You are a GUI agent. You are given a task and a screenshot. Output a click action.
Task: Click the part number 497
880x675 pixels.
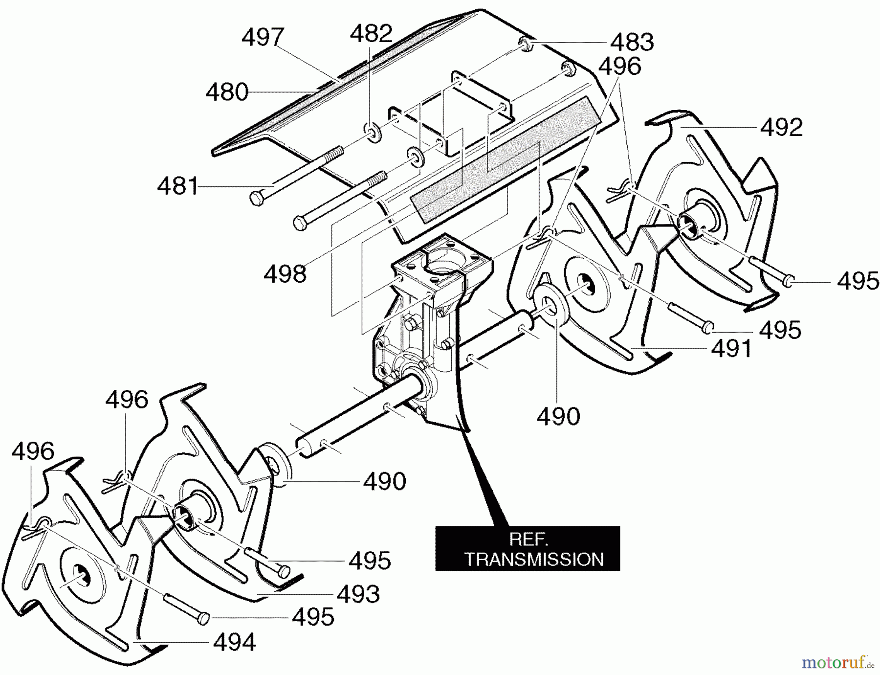pos(263,38)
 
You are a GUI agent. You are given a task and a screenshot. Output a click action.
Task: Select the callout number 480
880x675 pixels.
pos(227,92)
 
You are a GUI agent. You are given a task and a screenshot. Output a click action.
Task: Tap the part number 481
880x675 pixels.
pos(177,186)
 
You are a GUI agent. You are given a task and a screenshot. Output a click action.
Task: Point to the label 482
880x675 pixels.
pos(371,34)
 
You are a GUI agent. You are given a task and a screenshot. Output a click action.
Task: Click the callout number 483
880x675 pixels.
pos(632,42)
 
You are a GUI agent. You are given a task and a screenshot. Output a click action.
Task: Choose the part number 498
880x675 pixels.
pos(285,274)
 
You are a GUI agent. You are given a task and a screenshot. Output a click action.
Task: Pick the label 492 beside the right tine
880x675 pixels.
pos(781,128)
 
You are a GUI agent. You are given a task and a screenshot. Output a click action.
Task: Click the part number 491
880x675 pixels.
pos(731,349)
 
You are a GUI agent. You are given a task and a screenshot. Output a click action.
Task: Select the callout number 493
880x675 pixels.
pos(358,594)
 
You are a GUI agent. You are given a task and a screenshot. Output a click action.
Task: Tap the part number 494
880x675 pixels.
pos(234,642)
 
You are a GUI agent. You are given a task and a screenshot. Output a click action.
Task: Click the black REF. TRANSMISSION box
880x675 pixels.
pos(527,548)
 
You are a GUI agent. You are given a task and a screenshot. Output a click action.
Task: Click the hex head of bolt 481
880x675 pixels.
pos(256,198)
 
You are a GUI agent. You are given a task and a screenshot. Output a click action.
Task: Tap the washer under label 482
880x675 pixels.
pos(373,133)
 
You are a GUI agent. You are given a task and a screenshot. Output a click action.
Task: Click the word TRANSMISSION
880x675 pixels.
pos(534,559)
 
